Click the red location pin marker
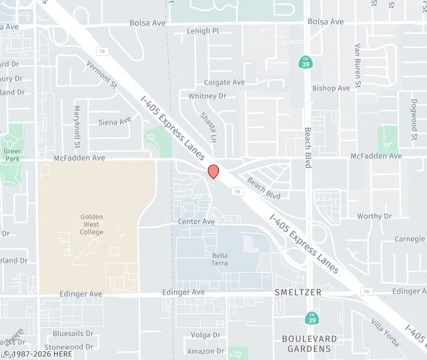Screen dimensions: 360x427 pos(213,171)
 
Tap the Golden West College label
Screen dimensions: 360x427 pos(91,224)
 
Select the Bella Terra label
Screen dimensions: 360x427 pos(220,259)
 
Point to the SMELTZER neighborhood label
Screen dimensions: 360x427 pos(298,293)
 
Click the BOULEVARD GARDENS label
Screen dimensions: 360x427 pos(306,343)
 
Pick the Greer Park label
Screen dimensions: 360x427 pos(11,155)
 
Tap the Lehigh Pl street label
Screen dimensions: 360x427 pos(203,31)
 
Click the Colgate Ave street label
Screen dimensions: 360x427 pos(225,83)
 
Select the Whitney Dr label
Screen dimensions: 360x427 pos(207,96)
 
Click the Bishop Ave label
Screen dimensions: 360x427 pos(331,88)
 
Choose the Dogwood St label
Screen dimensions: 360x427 pos(414,115)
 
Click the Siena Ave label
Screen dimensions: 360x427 pos(115,122)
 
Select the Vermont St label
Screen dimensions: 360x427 pos(101,75)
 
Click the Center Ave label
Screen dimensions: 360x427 pos(196,221)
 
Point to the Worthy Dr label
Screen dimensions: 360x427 pos(374,216)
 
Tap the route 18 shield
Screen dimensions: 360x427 pos(101,51)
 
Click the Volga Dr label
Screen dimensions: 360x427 pos(201,335)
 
